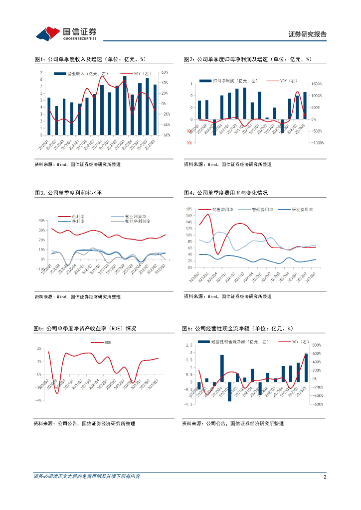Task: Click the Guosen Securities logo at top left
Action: [x=66, y=33]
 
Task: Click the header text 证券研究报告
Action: [x=308, y=34]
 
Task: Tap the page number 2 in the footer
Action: [x=325, y=477]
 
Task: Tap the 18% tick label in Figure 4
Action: [x=189, y=209]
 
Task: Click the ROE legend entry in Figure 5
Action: [x=107, y=343]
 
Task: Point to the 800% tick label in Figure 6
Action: [x=316, y=345]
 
